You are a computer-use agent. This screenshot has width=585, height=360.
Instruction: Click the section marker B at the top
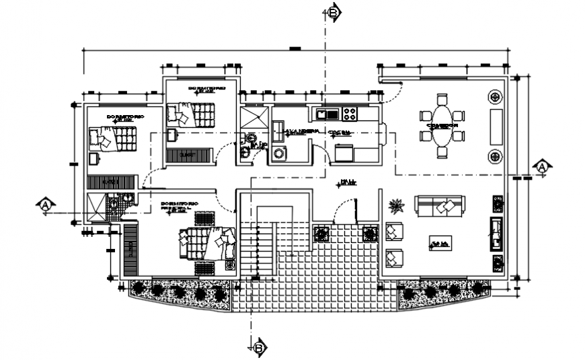334,11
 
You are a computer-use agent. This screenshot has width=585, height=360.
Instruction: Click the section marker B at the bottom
259,347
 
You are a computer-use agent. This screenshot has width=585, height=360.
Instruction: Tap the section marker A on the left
45,205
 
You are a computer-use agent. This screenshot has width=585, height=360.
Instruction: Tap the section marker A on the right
542,166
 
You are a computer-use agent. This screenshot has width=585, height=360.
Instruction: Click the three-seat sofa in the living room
439,206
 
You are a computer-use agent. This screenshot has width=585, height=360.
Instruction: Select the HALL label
347,182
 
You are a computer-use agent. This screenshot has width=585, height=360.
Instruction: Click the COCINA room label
338,133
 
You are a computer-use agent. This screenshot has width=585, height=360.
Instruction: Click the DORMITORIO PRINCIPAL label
180,206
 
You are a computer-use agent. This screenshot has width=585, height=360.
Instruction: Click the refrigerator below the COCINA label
343,153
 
